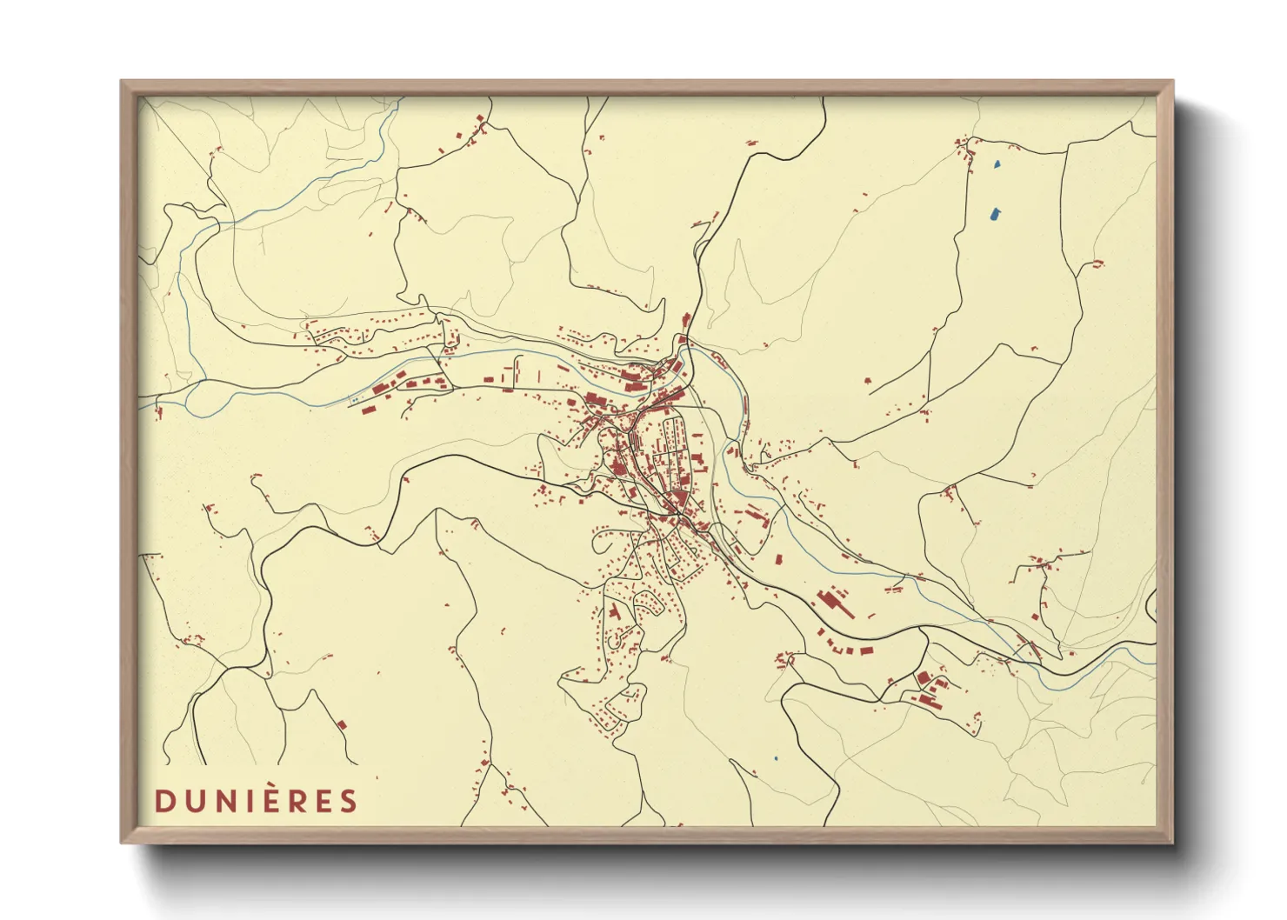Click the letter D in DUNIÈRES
pos(163,801)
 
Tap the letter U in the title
pos(192,801)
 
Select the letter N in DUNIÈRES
pos(223,801)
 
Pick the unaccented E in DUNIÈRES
pos(323,801)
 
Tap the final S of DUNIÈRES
pos(349,801)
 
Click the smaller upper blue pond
pos(997,163)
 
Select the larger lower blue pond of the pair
pos(994,211)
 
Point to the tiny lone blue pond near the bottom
pos(775,759)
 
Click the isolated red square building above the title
pos(342,723)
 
